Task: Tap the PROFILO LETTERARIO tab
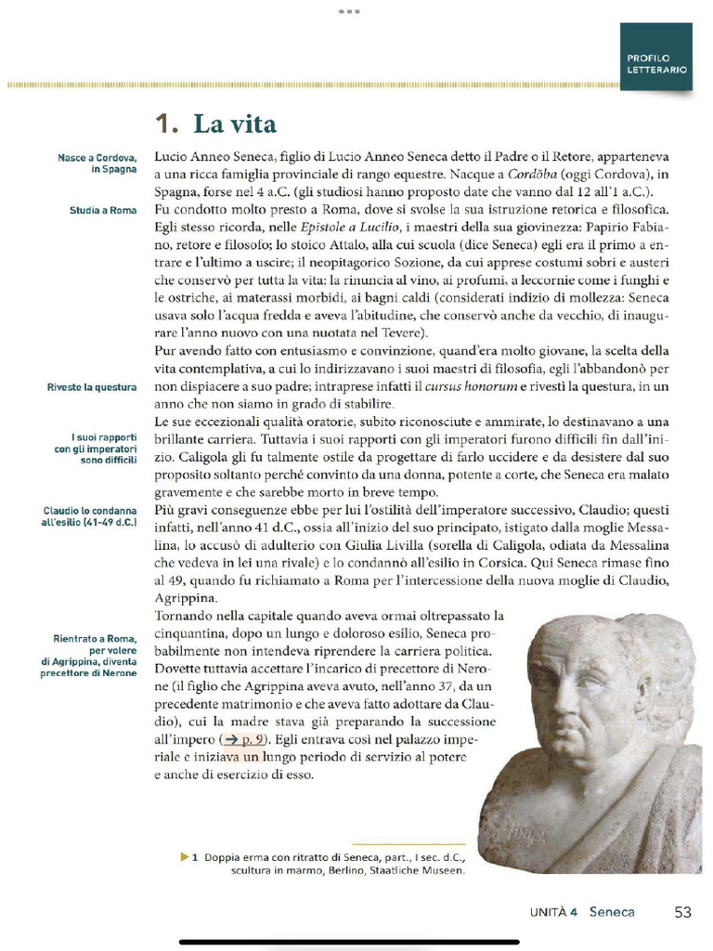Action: coord(656,64)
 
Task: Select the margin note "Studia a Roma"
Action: coord(103,211)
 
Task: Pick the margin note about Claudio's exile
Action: coord(89,517)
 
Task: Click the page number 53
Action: coord(682,912)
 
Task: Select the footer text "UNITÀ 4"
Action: coord(553,912)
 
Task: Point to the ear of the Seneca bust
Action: coord(642,692)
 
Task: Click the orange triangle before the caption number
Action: coord(185,856)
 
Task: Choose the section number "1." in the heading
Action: coord(166,124)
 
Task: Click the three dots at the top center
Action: coord(348,11)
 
